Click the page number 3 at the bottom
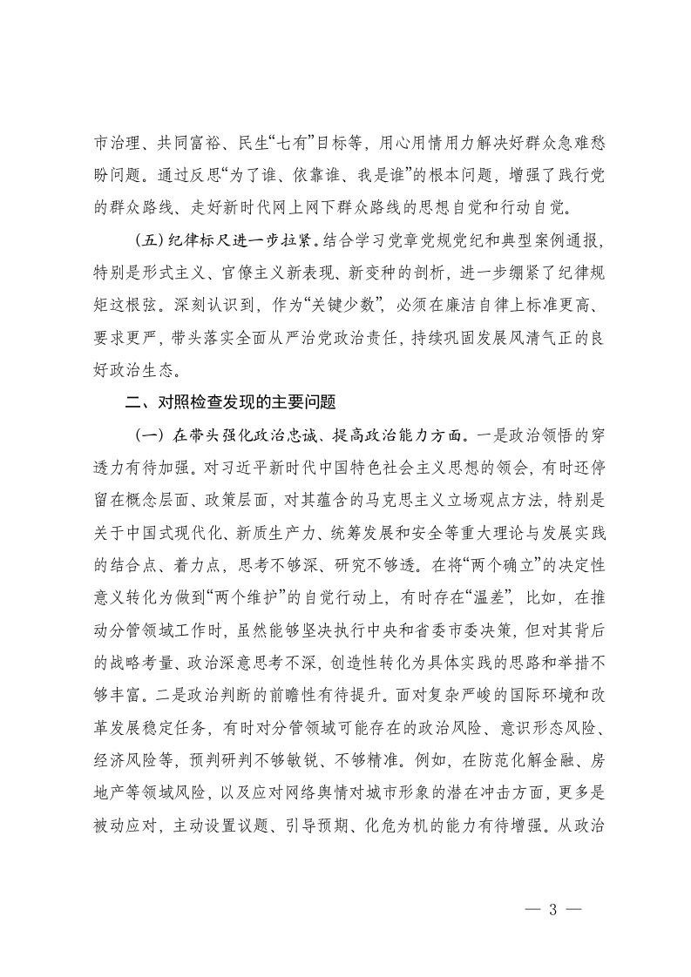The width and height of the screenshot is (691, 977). coord(552,910)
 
